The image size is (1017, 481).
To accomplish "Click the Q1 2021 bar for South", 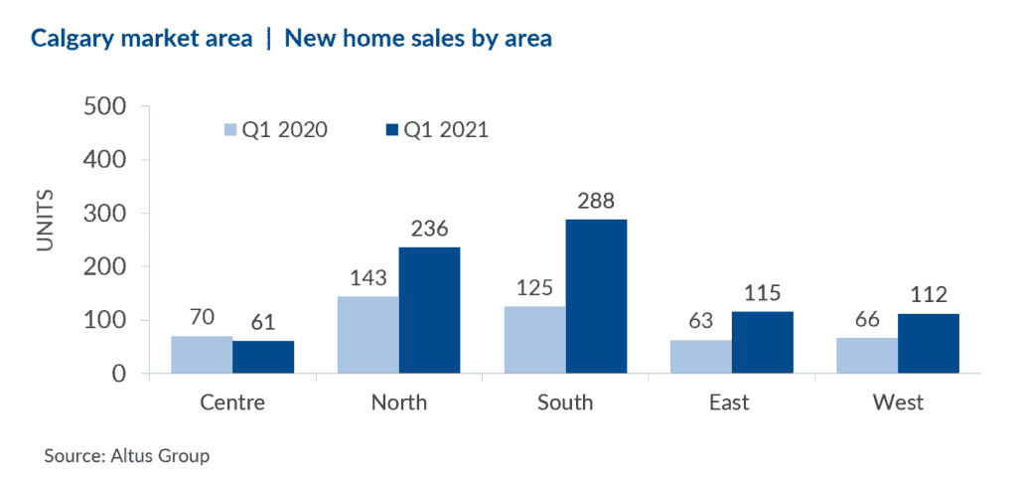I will (x=596, y=296).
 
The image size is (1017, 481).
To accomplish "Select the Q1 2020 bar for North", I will (x=367, y=335).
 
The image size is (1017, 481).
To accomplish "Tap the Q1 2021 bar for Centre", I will (x=263, y=357).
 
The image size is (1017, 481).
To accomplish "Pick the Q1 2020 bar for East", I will (x=701, y=357).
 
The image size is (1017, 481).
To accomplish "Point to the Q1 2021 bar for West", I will (x=929, y=344).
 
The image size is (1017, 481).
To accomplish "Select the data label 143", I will (x=367, y=279).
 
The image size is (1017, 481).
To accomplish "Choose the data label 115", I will (x=763, y=294).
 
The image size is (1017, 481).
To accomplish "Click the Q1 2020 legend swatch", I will (x=230, y=129).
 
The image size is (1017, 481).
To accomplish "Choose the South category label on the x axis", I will (x=565, y=402).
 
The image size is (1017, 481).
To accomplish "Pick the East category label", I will (x=731, y=402).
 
